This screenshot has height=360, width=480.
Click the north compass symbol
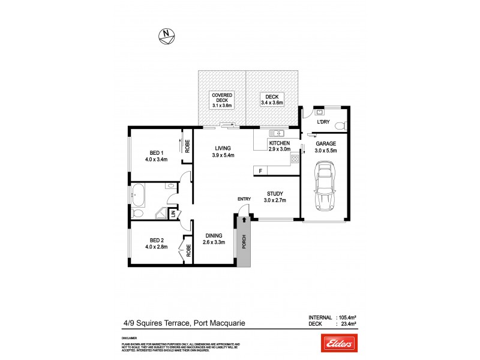coord(167,36)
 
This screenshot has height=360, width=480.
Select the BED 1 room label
coord(155,152)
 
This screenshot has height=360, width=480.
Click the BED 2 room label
coord(155,239)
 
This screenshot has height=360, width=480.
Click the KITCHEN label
coord(280,143)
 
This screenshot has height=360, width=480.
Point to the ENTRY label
coord(244,199)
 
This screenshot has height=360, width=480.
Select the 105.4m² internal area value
coord(348,317)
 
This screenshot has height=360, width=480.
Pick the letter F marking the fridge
coord(260,171)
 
